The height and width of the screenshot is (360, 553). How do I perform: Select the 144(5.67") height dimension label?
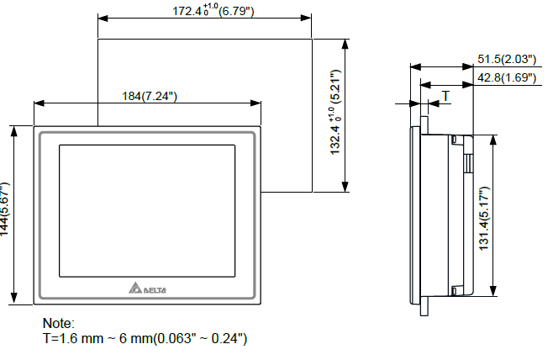coord(6,214)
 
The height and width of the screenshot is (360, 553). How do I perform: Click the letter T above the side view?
coord(445,96)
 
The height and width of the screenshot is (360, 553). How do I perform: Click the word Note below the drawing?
coord(59,323)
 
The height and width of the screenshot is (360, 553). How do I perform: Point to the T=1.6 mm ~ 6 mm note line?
coord(145,338)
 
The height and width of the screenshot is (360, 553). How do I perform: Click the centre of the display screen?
coord(145,212)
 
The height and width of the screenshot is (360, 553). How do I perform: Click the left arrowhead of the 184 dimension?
coord(37,103)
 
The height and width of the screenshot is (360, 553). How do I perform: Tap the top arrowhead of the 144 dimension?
coord(13,129)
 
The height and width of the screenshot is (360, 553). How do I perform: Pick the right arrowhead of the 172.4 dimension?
coord(308,17)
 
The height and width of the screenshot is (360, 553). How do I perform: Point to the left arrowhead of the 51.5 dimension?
coord(412,66)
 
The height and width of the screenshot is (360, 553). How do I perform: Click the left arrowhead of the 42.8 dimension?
coord(422,83)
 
